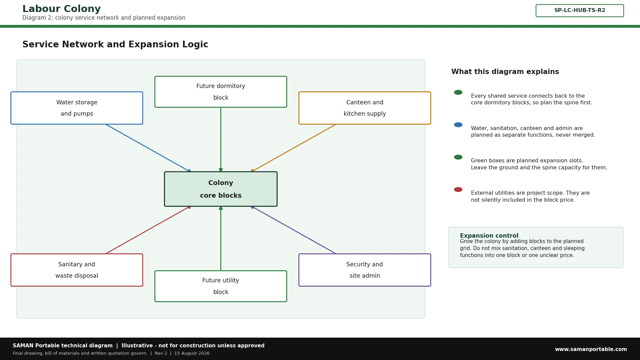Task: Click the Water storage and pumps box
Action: (77, 108)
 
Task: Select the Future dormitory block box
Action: (221, 92)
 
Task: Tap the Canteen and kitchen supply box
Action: (365, 108)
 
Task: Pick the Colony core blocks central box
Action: (221, 189)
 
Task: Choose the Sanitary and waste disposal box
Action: (77, 270)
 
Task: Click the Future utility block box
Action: (221, 286)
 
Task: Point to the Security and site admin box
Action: (365, 270)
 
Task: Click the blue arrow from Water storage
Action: (149, 148)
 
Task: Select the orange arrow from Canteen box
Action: (293, 148)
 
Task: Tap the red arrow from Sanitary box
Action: (149, 230)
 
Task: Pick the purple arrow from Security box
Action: (293, 230)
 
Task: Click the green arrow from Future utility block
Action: (221, 238)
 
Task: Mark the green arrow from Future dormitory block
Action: (221, 140)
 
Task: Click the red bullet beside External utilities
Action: (458, 190)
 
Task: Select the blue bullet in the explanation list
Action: (458, 125)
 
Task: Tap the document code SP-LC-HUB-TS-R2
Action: (580, 10)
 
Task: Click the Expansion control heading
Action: (489, 236)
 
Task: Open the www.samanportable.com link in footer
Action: (591, 349)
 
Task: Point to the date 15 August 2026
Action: (192, 353)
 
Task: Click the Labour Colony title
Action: (61, 9)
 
